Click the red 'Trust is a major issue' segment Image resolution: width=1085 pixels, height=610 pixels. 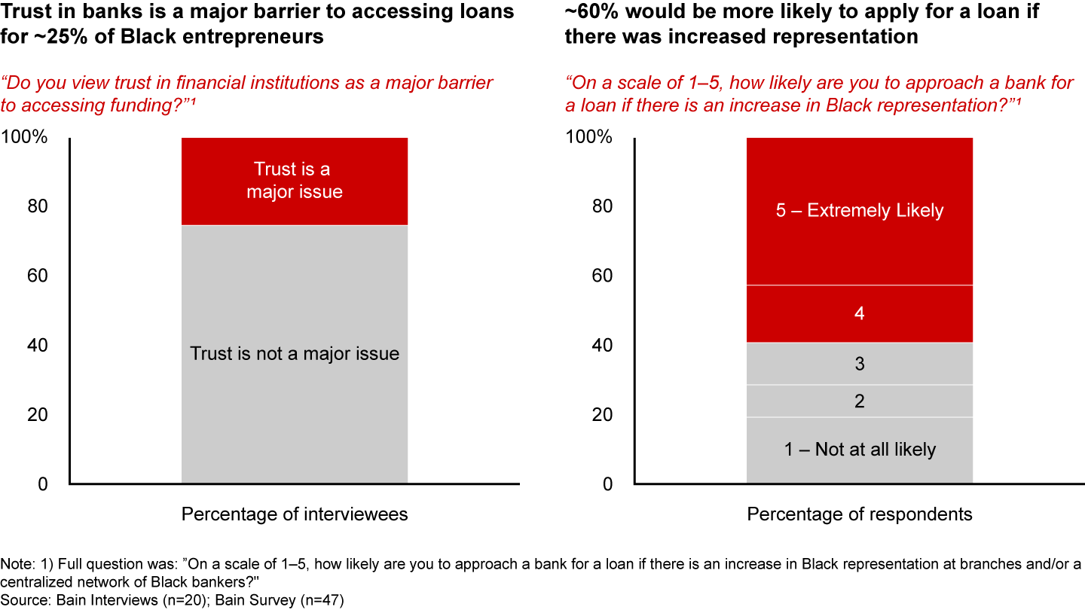[x=295, y=181]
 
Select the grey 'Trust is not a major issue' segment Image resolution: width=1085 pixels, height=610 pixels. [x=295, y=354]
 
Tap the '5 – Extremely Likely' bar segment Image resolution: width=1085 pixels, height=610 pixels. [x=860, y=211]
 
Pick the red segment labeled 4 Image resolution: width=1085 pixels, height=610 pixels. [x=860, y=313]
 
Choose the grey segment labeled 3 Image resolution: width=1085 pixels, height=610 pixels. [x=860, y=364]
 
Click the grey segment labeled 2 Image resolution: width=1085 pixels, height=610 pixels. [x=860, y=401]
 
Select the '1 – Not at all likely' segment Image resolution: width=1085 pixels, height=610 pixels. [x=860, y=450]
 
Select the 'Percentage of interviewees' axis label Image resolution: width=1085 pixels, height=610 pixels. [x=295, y=514]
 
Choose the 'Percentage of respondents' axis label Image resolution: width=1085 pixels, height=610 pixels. [x=860, y=514]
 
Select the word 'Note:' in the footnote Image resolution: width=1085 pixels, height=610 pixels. [x=16, y=565]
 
